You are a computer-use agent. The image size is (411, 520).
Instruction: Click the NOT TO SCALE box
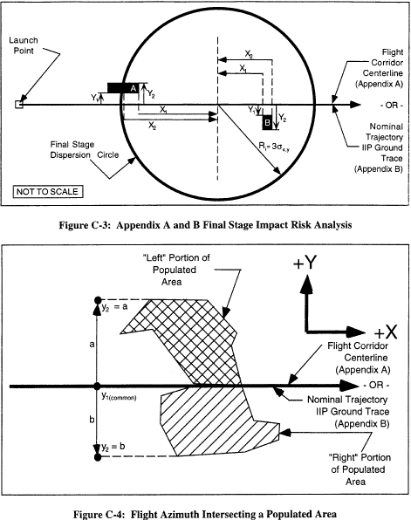[x=48, y=192]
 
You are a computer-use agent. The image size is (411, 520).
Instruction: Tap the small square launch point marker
[x=19, y=105]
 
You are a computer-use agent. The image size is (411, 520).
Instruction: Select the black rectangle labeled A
[x=123, y=88]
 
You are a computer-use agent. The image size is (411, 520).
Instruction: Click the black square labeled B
[x=267, y=123]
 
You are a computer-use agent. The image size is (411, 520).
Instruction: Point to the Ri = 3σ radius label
[x=274, y=147]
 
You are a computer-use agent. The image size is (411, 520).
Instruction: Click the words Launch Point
[x=24, y=45]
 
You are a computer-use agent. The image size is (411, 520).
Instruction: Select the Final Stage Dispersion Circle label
[x=85, y=150]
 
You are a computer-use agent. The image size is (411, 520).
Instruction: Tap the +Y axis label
[x=305, y=263]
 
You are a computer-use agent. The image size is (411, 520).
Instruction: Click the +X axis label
[x=386, y=332]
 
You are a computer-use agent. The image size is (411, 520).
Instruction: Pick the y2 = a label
[x=114, y=307]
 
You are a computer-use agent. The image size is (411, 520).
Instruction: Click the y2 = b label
[x=113, y=447]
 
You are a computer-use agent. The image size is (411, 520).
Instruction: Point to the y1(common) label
[x=119, y=396]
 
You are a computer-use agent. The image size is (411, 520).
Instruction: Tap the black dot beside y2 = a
[x=98, y=300]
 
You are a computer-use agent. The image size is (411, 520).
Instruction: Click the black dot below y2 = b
[x=98, y=457]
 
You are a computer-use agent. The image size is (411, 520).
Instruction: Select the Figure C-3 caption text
[x=205, y=225]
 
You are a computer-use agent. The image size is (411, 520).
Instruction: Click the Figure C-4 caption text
[x=205, y=514]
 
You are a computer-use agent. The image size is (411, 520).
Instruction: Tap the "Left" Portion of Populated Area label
[x=175, y=270]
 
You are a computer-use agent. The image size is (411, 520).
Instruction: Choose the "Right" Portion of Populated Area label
[x=360, y=469]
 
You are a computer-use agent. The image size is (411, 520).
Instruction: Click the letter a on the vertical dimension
[x=92, y=345]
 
